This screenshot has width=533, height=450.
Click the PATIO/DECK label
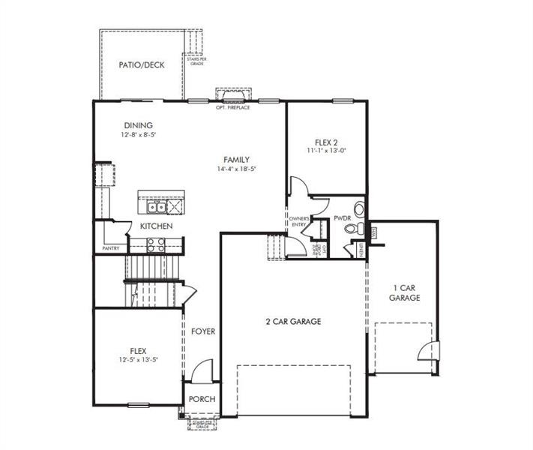[x=141, y=65]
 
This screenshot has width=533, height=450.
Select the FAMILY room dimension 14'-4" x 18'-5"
[x=236, y=169]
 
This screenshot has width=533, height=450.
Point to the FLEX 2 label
[x=326, y=141]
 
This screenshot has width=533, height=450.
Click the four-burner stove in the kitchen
[x=156, y=244]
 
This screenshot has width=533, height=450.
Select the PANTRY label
[x=111, y=248]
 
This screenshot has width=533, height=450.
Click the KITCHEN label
[x=156, y=226]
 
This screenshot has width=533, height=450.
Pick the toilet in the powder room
[x=358, y=228]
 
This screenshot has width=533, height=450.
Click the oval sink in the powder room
[x=359, y=209]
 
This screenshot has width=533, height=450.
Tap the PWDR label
[x=343, y=218]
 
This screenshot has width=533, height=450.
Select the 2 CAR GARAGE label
[x=292, y=321]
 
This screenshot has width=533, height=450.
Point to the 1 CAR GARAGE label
[x=404, y=292]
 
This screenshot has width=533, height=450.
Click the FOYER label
[x=202, y=331]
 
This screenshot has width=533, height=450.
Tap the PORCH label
[x=202, y=399]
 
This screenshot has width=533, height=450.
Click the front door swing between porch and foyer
[x=202, y=370]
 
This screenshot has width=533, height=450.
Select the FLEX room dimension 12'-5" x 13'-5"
[x=138, y=360]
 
